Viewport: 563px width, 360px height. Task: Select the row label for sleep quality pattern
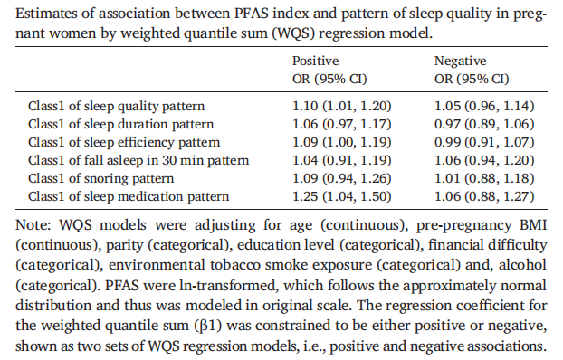tap(117, 106)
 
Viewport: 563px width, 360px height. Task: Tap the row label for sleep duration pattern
tap(120, 124)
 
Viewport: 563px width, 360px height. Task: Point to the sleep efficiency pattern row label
tap(124, 143)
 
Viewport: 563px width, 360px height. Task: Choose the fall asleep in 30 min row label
tap(138, 160)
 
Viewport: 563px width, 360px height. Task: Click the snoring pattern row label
tap(100, 179)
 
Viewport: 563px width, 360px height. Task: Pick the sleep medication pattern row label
tap(129, 196)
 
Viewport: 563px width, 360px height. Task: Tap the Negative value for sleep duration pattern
tap(484, 124)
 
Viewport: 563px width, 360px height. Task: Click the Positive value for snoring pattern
tap(342, 178)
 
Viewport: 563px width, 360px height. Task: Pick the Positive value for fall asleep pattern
tap(342, 160)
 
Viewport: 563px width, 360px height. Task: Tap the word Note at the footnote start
tap(34, 225)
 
